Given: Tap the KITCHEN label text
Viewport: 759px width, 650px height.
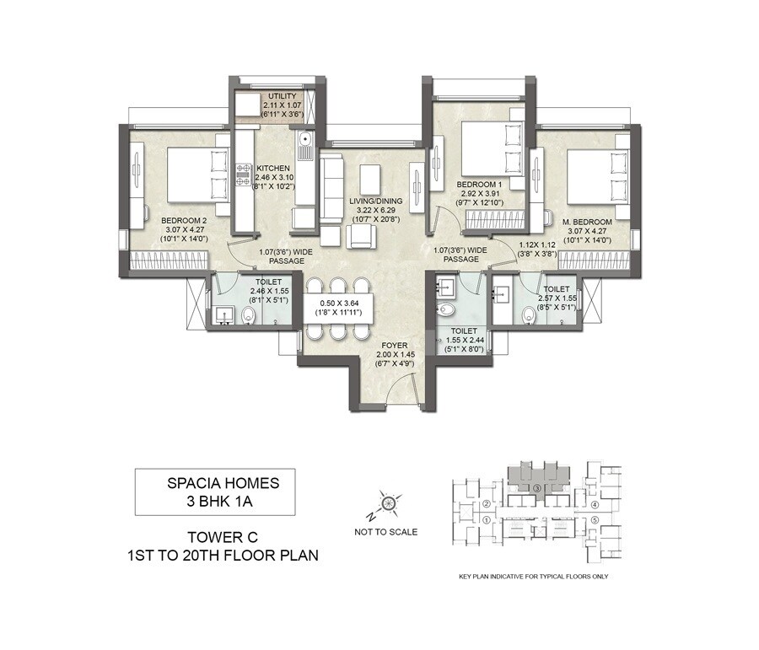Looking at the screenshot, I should [x=275, y=168].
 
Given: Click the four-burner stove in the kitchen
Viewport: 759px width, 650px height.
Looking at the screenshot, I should [x=245, y=175].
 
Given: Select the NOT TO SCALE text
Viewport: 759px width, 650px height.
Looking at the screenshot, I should [x=386, y=532].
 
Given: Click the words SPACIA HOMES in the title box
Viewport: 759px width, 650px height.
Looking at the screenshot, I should [x=216, y=484].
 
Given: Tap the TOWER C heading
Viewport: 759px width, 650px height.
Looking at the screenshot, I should [x=217, y=536].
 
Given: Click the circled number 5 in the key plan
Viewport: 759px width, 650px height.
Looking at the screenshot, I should [x=595, y=520].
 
